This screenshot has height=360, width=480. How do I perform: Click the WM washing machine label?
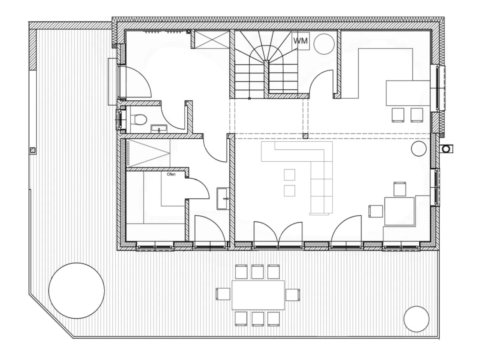(x=300, y=41)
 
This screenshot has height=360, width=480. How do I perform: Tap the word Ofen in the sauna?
(x=171, y=174)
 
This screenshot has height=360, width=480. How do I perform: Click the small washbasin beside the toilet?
(x=159, y=129)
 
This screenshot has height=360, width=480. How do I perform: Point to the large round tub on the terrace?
(x=76, y=290)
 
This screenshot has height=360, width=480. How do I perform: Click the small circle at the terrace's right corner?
(x=416, y=319)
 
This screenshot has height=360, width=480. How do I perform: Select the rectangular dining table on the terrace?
(x=258, y=295)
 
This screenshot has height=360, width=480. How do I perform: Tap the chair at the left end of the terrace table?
(x=223, y=294)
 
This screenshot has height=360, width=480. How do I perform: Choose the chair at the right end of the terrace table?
(x=293, y=295)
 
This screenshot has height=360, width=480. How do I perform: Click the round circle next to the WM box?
(x=324, y=44)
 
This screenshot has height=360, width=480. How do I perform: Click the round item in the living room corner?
(x=418, y=149)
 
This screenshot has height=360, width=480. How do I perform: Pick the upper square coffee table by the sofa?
(x=289, y=175)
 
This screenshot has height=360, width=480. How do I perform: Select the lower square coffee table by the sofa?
(x=289, y=191)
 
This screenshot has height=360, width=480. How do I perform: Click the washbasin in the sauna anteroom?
(x=223, y=198)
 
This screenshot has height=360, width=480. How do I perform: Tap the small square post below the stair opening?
(x=305, y=136)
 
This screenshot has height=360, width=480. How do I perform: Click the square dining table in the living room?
(x=399, y=211)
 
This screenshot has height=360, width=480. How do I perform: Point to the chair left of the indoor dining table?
(x=375, y=211)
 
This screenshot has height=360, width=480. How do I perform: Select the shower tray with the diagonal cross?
(x=212, y=39)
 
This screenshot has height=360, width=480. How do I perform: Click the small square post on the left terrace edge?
(x=33, y=150)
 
